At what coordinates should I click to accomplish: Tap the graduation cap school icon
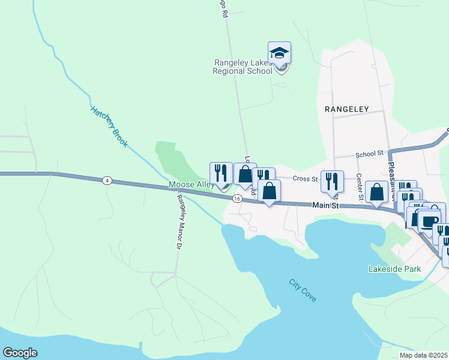(280, 53)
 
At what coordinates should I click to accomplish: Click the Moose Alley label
(191, 185)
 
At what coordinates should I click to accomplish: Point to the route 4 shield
(107, 180)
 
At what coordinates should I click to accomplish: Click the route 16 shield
(238, 198)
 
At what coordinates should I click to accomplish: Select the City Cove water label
(302, 290)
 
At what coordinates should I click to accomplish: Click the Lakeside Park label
(394, 269)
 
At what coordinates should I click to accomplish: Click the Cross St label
(304, 179)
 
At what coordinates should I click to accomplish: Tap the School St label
(369, 154)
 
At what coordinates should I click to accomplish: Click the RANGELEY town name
(346, 110)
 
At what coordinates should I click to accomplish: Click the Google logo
(20, 353)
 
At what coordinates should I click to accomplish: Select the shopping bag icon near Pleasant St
(376, 192)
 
